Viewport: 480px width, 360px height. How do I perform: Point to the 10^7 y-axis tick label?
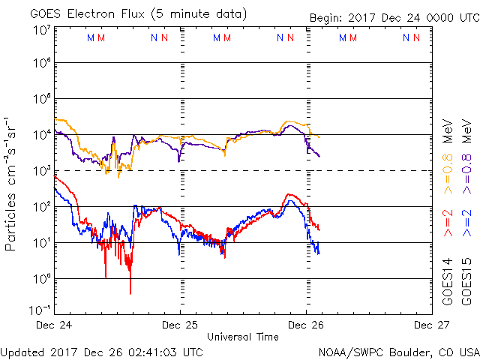tap(41, 29)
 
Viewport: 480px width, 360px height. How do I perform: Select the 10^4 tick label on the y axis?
tap(41, 134)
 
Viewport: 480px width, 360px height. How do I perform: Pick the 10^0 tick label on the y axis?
tap(41, 278)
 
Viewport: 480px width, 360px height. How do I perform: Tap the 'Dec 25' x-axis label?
tap(181, 325)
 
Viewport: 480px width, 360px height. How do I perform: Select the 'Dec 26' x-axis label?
tap(306, 325)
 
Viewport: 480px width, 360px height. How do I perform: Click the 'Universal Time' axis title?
tap(243, 337)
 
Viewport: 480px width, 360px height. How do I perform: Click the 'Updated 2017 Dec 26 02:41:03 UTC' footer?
tap(102, 351)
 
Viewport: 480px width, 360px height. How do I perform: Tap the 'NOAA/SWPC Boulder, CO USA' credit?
tap(398, 351)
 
